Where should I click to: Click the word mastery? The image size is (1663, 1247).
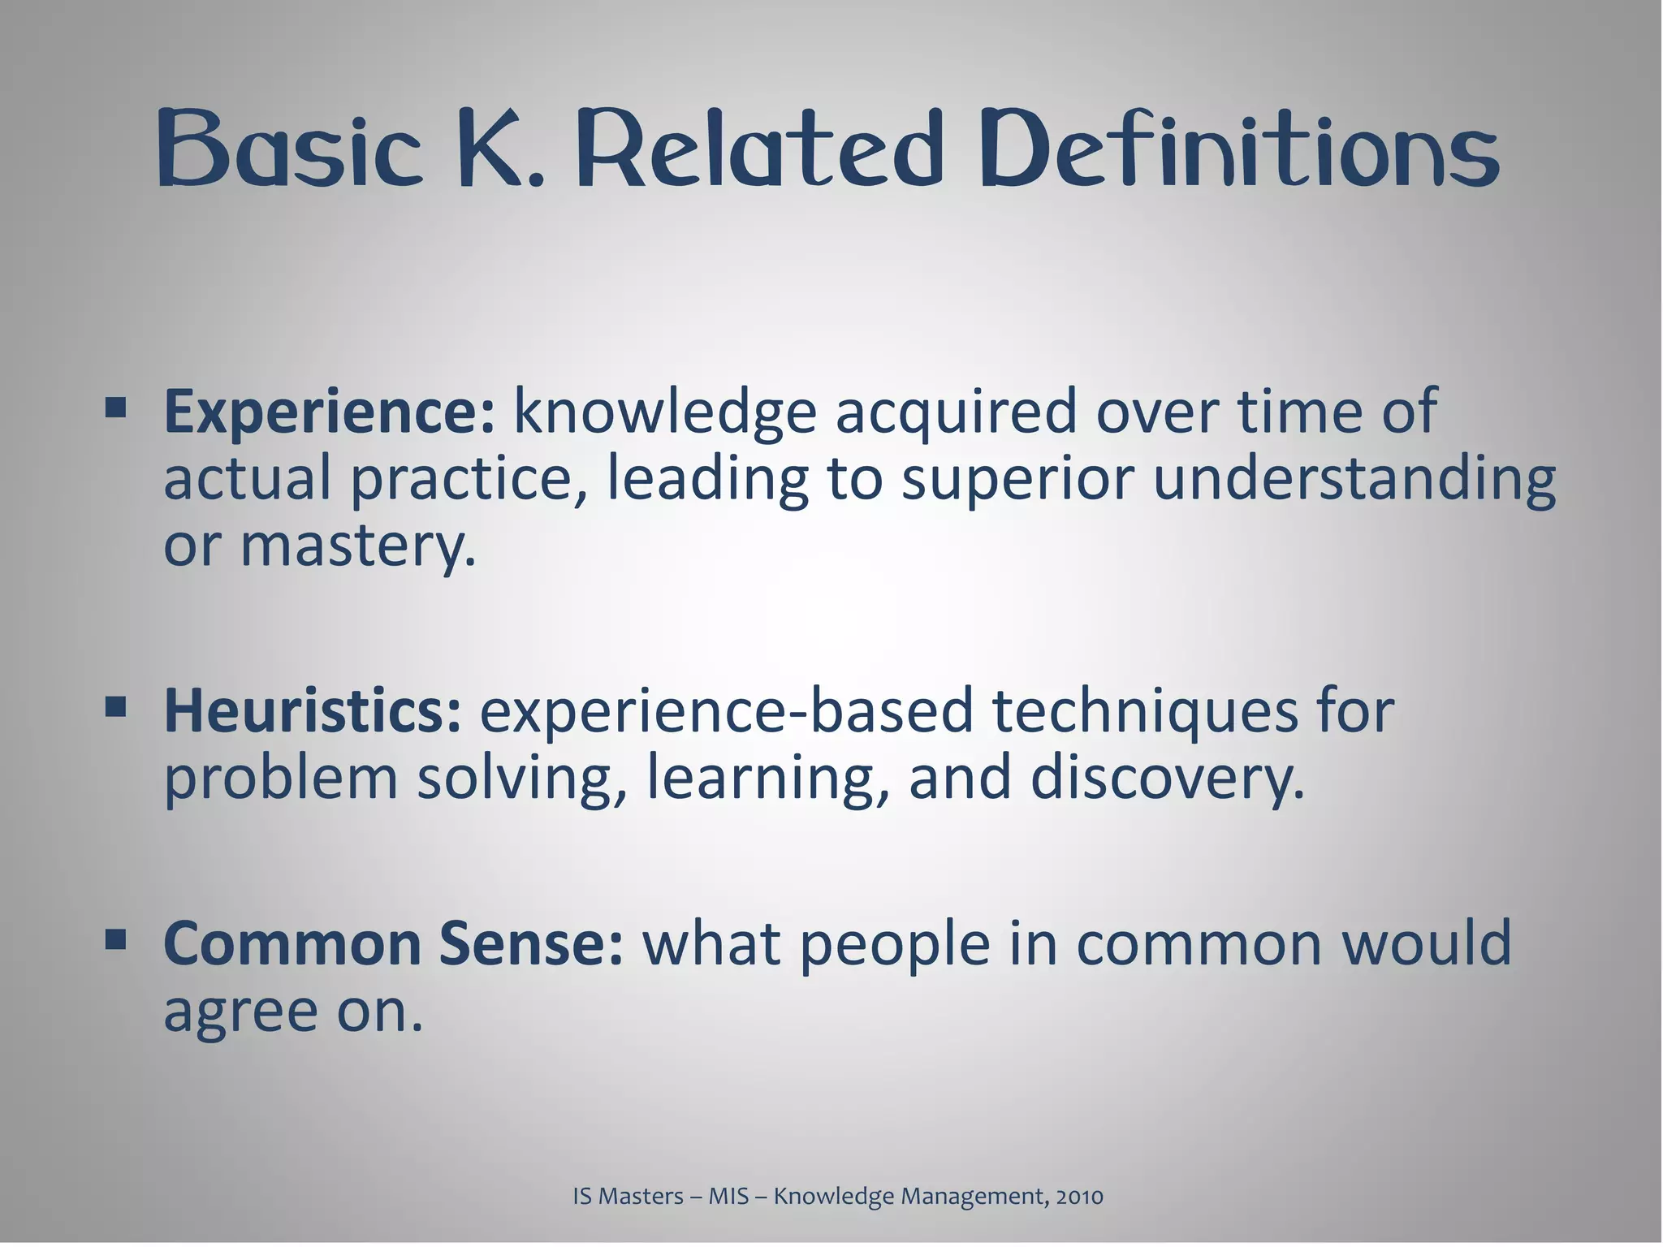(x=357, y=548)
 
